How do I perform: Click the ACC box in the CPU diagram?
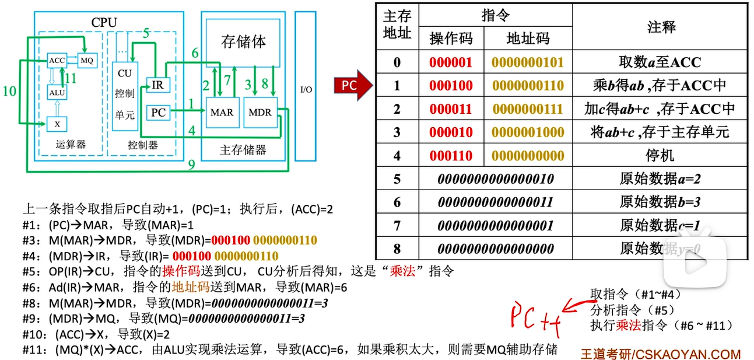[x=57, y=60]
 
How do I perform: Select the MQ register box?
[x=86, y=60]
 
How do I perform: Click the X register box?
[x=57, y=124]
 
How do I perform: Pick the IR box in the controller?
[x=157, y=85]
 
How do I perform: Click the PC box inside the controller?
[x=158, y=112]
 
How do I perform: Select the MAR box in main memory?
[x=222, y=112]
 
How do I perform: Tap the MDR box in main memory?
[x=260, y=112]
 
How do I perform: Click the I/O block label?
[x=306, y=89]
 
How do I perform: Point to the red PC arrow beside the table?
[x=353, y=86]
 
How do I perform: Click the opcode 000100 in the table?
[x=451, y=86]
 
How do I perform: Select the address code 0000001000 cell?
[x=528, y=132]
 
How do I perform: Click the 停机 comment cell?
[x=660, y=156]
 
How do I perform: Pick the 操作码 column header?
[x=451, y=39]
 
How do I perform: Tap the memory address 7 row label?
[x=397, y=226]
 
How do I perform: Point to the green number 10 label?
[x=9, y=90]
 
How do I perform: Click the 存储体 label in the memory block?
[x=243, y=41]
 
